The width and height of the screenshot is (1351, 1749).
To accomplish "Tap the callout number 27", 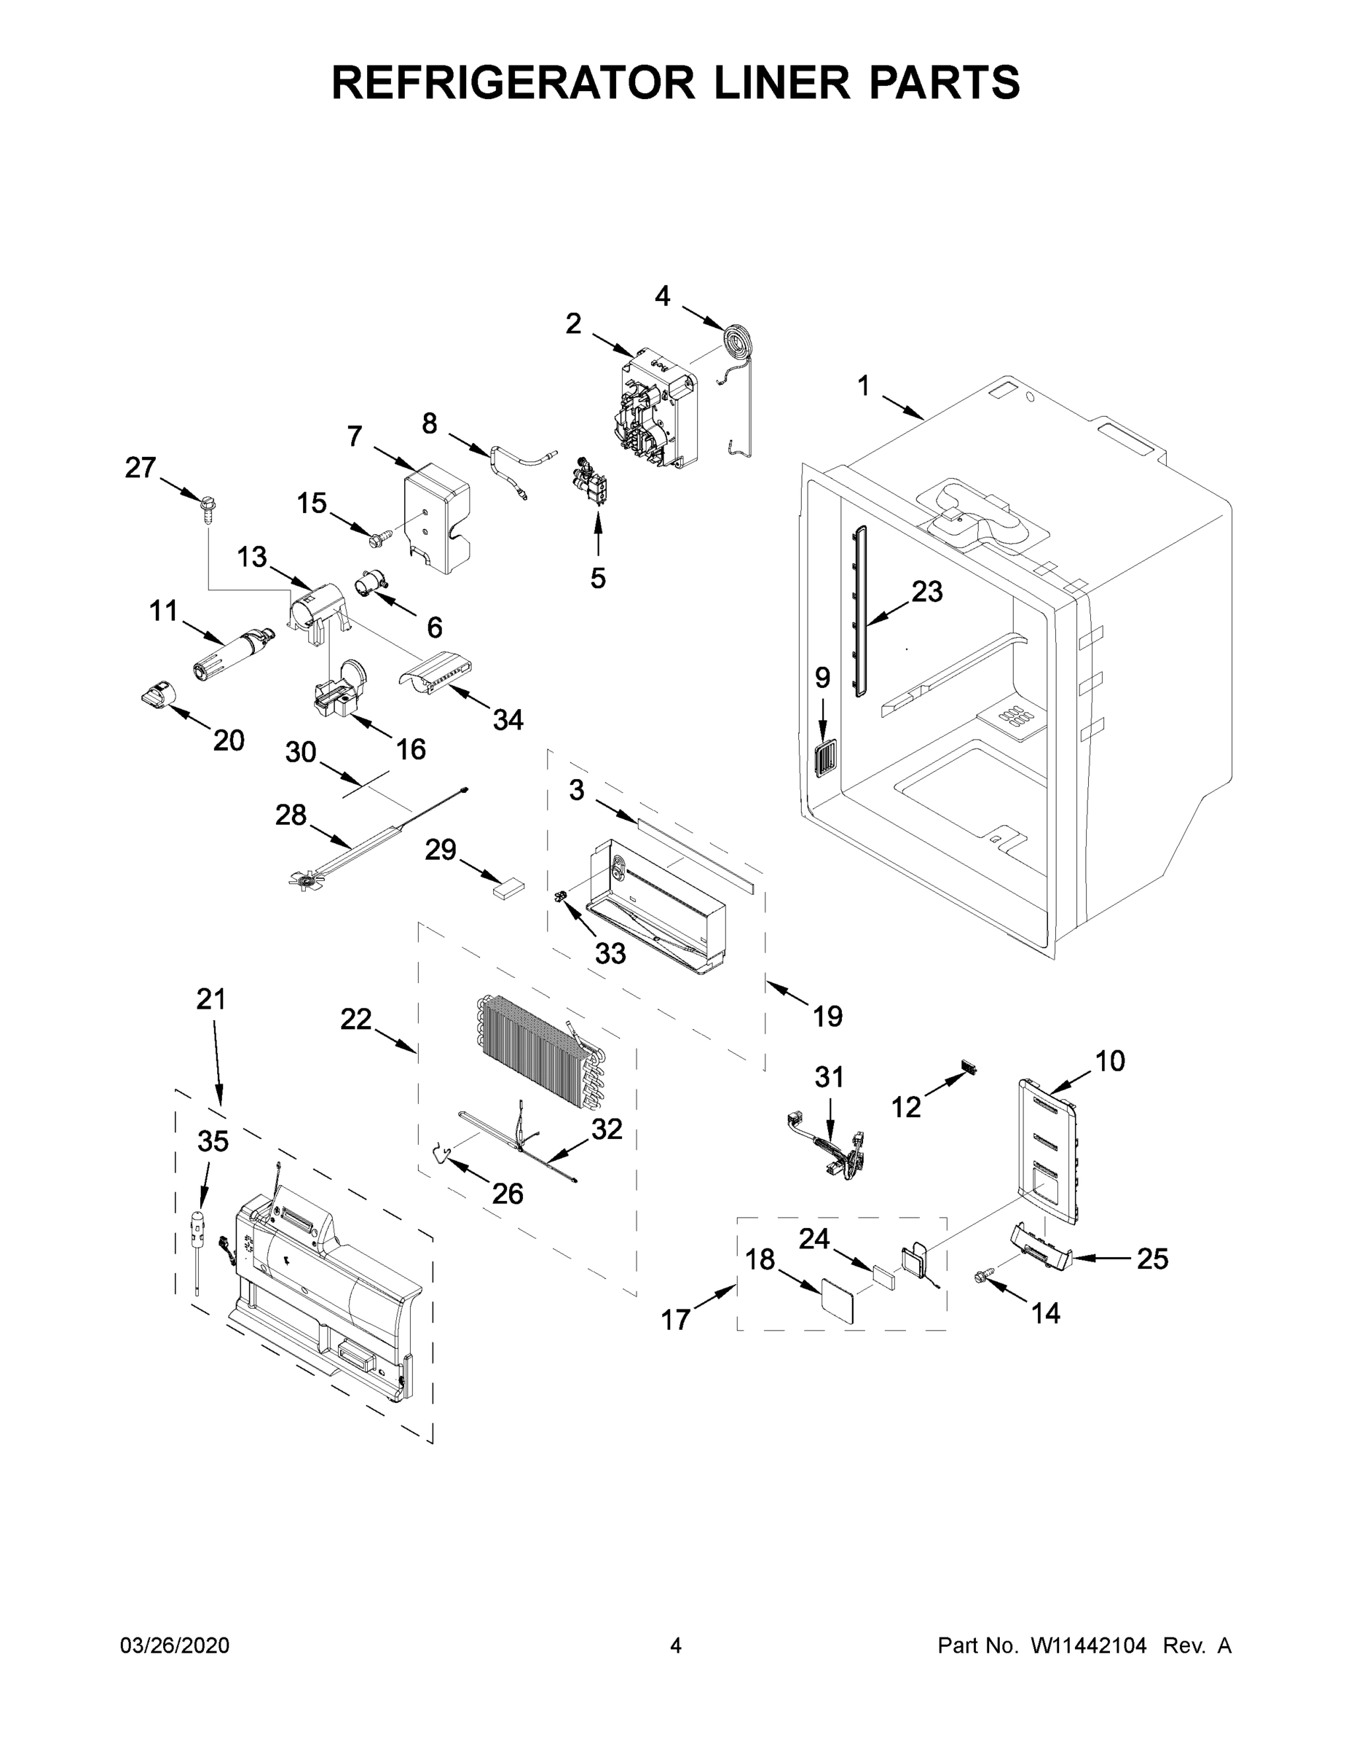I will coord(140,468).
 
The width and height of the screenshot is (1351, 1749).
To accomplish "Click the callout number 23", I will coord(927,592).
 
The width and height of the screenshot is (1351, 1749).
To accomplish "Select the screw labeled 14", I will coord(982,1279).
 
